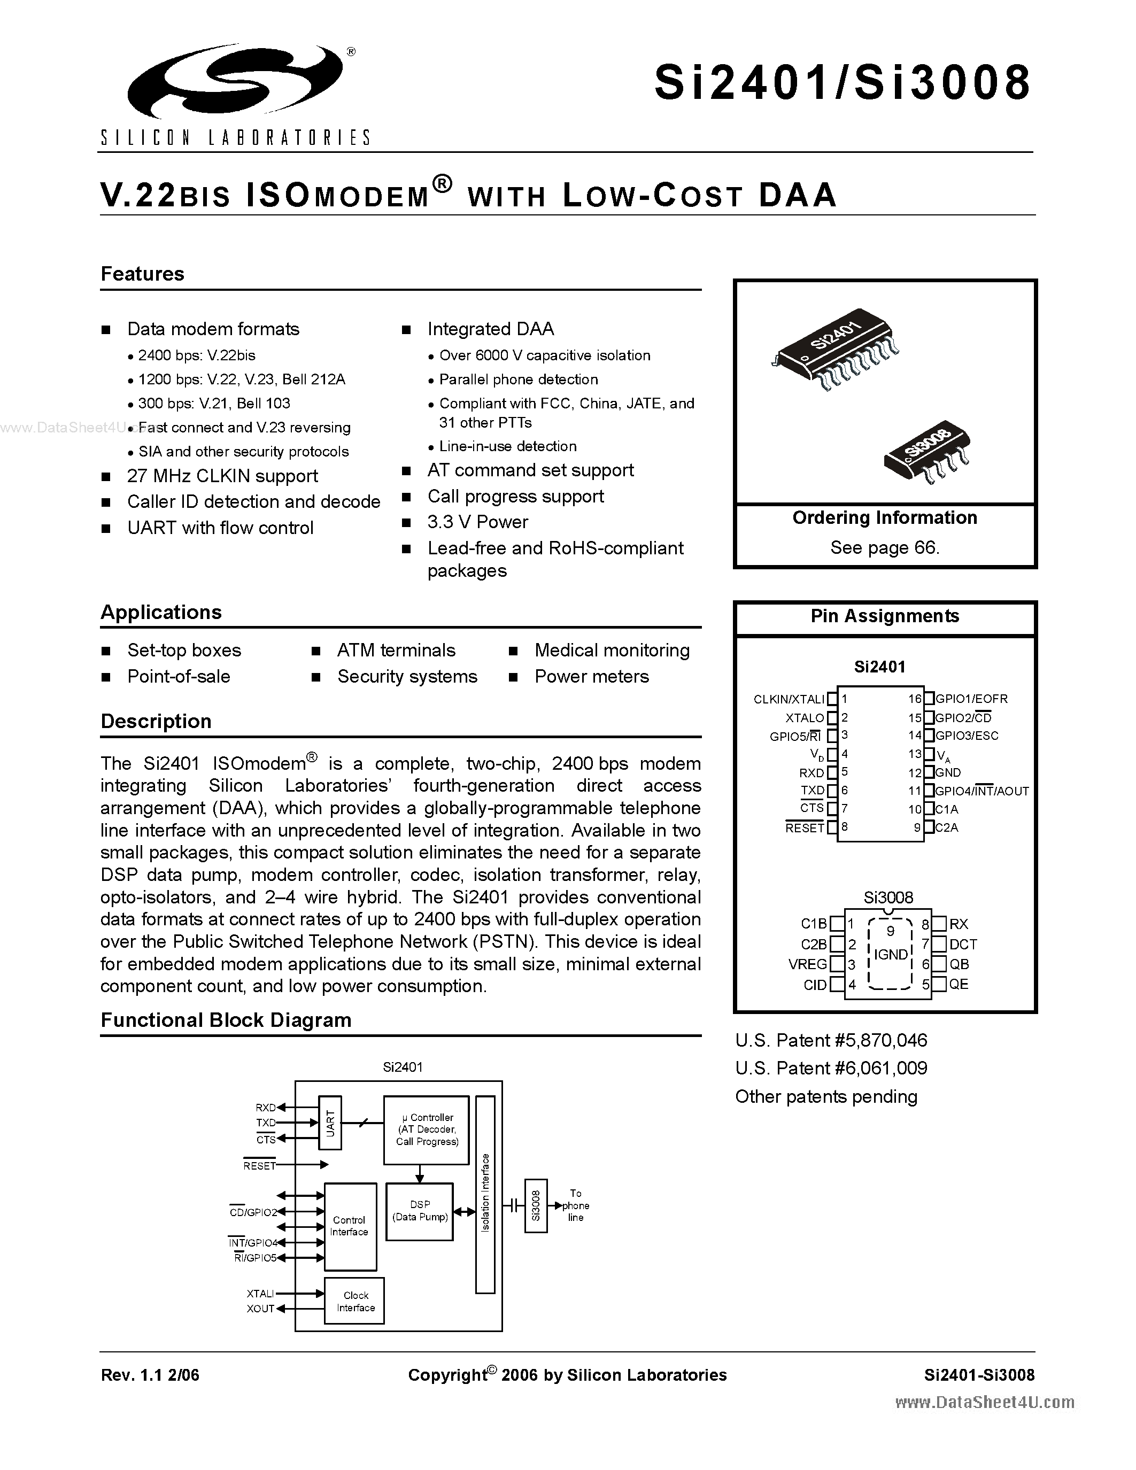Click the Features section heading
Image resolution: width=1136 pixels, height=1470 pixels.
pyautogui.click(x=142, y=274)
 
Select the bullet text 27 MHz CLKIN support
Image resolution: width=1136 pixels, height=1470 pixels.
pyautogui.click(x=222, y=476)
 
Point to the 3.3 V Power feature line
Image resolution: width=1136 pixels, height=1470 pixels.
pyautogui.click(x=477, y=522)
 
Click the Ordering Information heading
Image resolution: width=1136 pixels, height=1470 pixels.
pyautogui.click(x=884, y=517)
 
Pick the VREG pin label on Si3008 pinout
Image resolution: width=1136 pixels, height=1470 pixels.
pyautogui.click(x=808, y=964)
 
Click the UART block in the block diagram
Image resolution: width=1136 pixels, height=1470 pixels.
pyautogui.click(x=330, y=1123)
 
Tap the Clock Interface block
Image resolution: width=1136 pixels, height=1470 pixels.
pyautogui.click(x=356, y=1301)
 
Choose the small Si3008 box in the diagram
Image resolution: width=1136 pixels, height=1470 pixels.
pyautogui.click(x=536, y=1205)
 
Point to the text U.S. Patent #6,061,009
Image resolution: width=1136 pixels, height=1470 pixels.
pyautogui.click(x=831, y=1068)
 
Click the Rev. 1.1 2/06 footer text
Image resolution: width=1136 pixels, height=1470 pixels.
pyautogui.click(x=150, y=1375)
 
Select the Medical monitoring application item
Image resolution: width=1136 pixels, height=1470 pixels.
pyautogui.click(x=612, y=650)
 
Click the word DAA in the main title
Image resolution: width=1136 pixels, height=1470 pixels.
pyautogui.click(x=798, y=195)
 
